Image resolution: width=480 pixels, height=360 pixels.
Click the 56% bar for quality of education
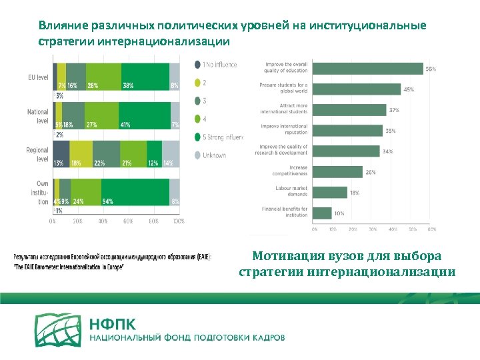pyautogui.click(x=367, y=68)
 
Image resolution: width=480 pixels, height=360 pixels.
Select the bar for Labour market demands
pyautogui.click(x=330, y=192)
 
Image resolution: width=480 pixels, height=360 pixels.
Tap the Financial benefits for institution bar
pyautogui.click(x=322, y=213)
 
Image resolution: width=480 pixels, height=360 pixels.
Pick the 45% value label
pyautogui.click(x=408, y=89)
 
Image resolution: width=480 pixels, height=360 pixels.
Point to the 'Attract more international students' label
pyautogui.click(x=284, y=109)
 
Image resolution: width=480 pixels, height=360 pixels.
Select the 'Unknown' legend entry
pyautogui.click(x=213, y=155)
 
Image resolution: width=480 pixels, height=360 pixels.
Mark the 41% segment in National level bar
pyautogui.click(x=144, y=117)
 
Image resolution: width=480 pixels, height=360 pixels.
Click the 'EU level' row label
pyautogui.click(x=38, y=78)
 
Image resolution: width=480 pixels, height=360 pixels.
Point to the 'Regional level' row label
pyautogui.click(x=37, y=155)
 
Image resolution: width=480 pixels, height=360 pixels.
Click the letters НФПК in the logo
pyautogui.click(x=112, y=325)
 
